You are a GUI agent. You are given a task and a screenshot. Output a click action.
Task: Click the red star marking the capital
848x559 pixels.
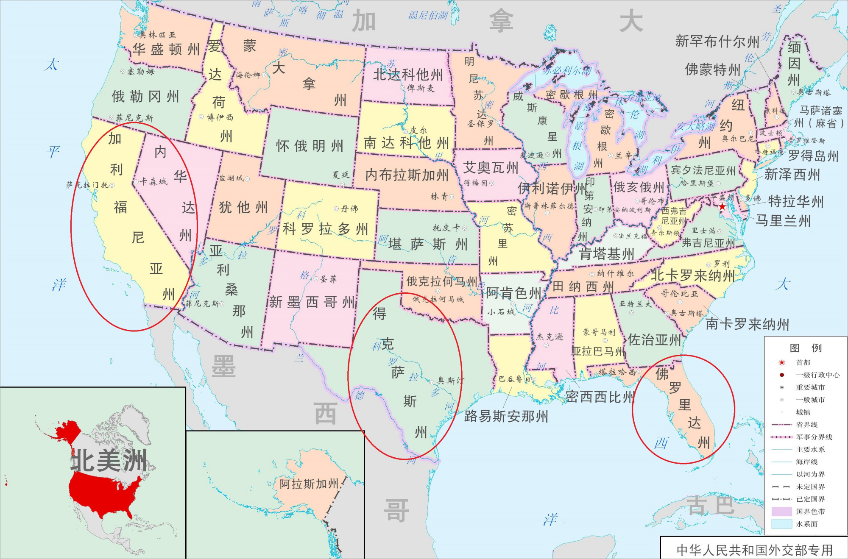click(722, 207)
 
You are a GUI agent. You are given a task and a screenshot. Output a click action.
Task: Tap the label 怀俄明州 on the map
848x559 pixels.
click(309, 146)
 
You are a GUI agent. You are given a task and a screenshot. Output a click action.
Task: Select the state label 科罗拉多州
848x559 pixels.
click(325, 229)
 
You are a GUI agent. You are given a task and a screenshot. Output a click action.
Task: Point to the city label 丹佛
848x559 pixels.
click(349, 209)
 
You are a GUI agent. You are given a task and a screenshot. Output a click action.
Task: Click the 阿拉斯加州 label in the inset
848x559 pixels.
click(309, 484)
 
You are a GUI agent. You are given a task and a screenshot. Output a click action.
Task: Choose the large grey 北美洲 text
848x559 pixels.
click(109, 460)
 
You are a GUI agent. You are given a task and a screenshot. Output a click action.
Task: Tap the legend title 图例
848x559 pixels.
click(805, 348)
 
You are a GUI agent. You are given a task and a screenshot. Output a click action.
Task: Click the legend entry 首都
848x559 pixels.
click(803, 362)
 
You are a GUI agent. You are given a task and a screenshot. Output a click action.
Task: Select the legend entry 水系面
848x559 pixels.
click(806, 524)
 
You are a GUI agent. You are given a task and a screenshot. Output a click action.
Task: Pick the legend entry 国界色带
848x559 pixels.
click(810, 512)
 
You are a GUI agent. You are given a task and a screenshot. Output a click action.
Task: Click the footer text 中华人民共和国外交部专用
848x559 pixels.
click(755, 550)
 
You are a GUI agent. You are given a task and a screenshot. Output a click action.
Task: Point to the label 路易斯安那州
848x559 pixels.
click(506, 416)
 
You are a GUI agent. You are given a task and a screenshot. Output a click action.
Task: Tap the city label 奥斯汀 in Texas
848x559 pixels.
click(450, 381)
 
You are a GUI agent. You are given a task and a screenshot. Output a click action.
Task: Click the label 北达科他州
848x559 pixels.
click(407, 75)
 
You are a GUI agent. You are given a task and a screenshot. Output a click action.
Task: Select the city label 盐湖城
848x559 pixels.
click(232, 178)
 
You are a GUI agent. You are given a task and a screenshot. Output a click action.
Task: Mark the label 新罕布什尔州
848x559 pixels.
click(717, 42)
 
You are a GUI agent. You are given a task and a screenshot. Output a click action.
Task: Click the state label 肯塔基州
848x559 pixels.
click(607, 254)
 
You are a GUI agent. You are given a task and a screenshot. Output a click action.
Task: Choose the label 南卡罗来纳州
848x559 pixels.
click(747, 324)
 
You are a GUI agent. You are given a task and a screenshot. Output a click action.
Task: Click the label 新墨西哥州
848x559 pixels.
click(312, 302)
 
